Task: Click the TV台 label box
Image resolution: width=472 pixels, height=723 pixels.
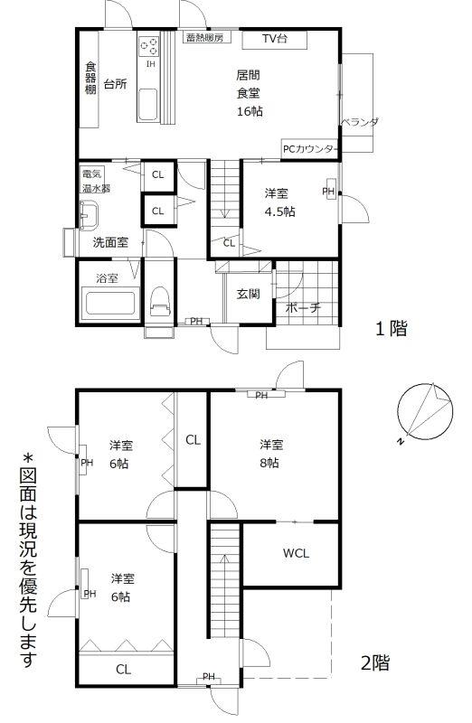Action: point(275,39)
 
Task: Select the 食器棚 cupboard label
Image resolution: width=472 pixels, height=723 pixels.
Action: point(90,78)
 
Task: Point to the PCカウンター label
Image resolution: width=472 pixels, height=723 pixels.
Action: point(309,149)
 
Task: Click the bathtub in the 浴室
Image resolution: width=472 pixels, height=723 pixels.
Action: point(110,304)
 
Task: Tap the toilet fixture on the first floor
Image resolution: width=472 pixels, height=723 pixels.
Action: point(160,301)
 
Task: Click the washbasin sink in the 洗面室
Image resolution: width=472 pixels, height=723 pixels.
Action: point(89,214)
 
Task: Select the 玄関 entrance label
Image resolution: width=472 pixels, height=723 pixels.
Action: point(249,294)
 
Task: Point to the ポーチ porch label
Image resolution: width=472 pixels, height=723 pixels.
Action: point(303,307)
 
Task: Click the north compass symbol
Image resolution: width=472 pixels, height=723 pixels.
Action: point(424,412)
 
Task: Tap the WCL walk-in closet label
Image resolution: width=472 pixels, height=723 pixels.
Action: point(296,553)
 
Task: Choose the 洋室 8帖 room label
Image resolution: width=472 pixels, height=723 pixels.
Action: point(271,454)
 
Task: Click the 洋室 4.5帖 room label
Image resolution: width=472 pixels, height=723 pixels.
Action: point(279,202)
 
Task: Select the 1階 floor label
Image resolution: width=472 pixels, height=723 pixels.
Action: point(392,329)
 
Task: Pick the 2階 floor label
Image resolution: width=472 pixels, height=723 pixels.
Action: point(374,663)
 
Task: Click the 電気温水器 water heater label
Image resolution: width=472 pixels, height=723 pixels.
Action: point(96,182)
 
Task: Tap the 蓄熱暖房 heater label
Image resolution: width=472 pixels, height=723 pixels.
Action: point(205,37)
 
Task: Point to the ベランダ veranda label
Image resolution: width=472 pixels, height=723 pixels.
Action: point(360,122)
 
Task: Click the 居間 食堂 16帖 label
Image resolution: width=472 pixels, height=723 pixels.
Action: point(250,93)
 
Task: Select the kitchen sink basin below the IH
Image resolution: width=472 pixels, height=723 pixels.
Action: point(147,104)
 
